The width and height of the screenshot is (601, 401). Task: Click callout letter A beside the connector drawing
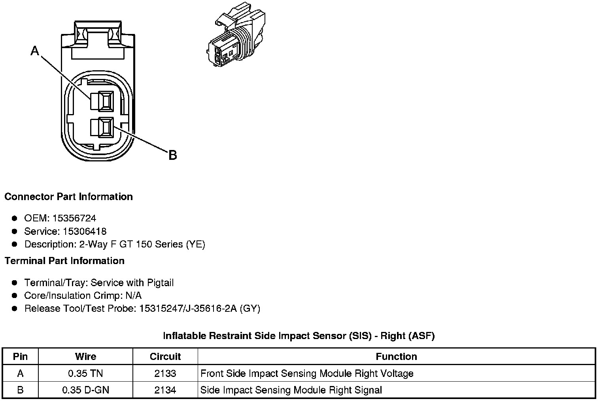point(35,51)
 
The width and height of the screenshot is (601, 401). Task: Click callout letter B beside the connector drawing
point(172,155)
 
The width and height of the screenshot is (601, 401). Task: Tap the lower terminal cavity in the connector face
point(102,127)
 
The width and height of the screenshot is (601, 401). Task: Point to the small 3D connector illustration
point(236,38)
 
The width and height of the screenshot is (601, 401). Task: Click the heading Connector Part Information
point(68,197)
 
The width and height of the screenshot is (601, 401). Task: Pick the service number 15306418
point(85,231)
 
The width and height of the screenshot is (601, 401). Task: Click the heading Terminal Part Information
point(64,261)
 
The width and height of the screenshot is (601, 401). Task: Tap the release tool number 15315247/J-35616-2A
point(188,308)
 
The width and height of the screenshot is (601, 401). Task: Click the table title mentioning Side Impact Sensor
point(299,336)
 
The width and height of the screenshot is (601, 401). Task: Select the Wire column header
point(85,356)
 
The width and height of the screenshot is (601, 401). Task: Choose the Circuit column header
point(165,356)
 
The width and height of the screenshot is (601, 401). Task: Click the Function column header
point(396,356)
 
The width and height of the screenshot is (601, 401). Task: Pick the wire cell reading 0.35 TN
point(85,373)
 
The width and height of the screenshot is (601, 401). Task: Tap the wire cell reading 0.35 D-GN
point(85,390)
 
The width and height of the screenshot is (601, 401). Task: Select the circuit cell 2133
point(165,373)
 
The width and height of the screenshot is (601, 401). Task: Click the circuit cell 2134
point(165,390)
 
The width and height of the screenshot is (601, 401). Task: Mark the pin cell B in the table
point(20,390)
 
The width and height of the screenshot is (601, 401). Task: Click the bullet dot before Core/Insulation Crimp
point(15,296)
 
